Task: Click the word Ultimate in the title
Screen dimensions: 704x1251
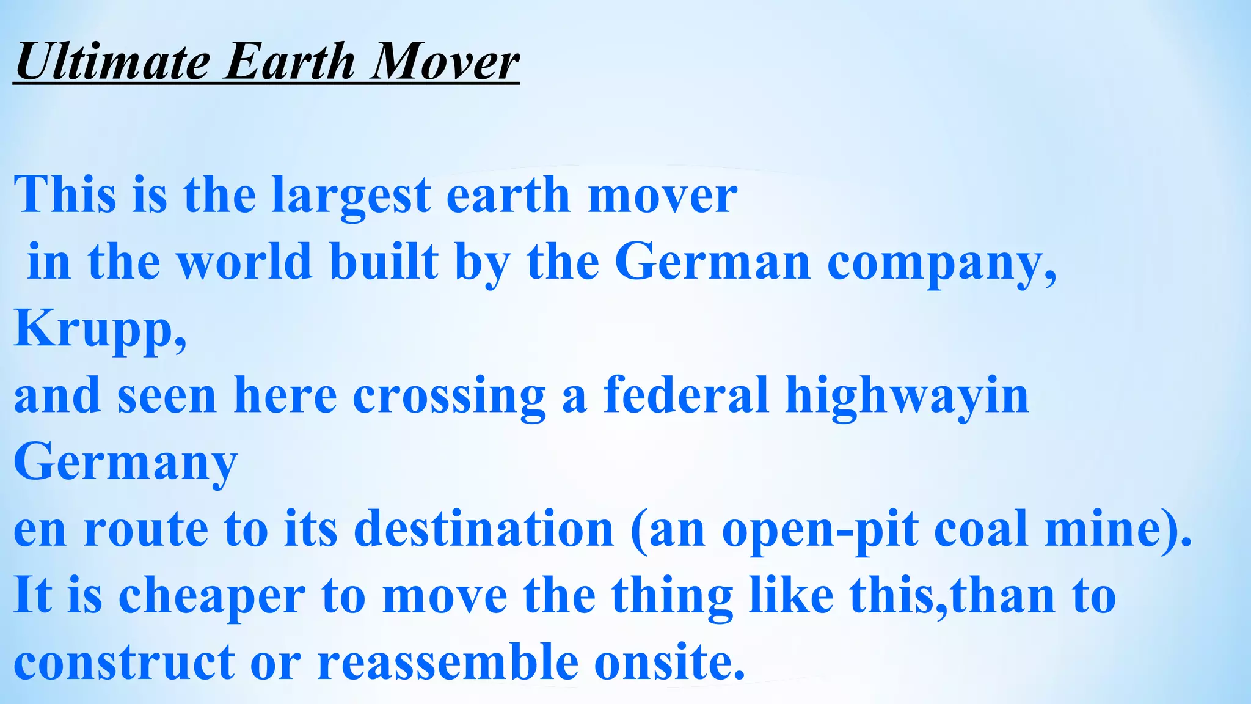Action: click(x=112, y=62)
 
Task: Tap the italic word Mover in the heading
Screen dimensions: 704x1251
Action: click(x=445, y=62)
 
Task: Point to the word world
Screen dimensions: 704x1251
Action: click(x=245, y=262)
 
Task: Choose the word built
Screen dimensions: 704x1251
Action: click(x=384, y=262)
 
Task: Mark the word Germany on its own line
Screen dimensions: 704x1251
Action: click(x=125, y=463)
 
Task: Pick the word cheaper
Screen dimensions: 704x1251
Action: click(x=211, y=597)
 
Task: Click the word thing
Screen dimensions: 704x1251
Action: click(x=672, y=597)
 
